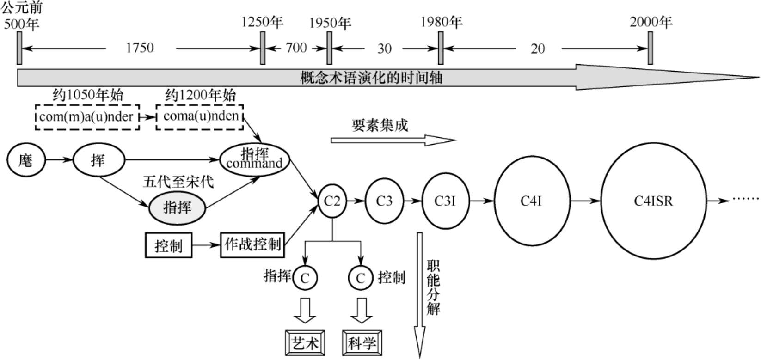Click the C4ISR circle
[x=653, y=201]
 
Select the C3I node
[x=445, y=201]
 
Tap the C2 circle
[x=332, y=201]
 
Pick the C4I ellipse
[x=531, y=201]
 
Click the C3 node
[x=384, y=201]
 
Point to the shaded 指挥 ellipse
[x=177, y=207]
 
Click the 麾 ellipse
[x=26, y=160]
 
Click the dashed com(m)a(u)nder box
[x=87, y=116]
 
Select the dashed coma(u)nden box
[x=200, y=116]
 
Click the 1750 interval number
[x=140, y=48]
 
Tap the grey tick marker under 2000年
[x=650, y=48]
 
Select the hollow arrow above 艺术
[x=305, y=310]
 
